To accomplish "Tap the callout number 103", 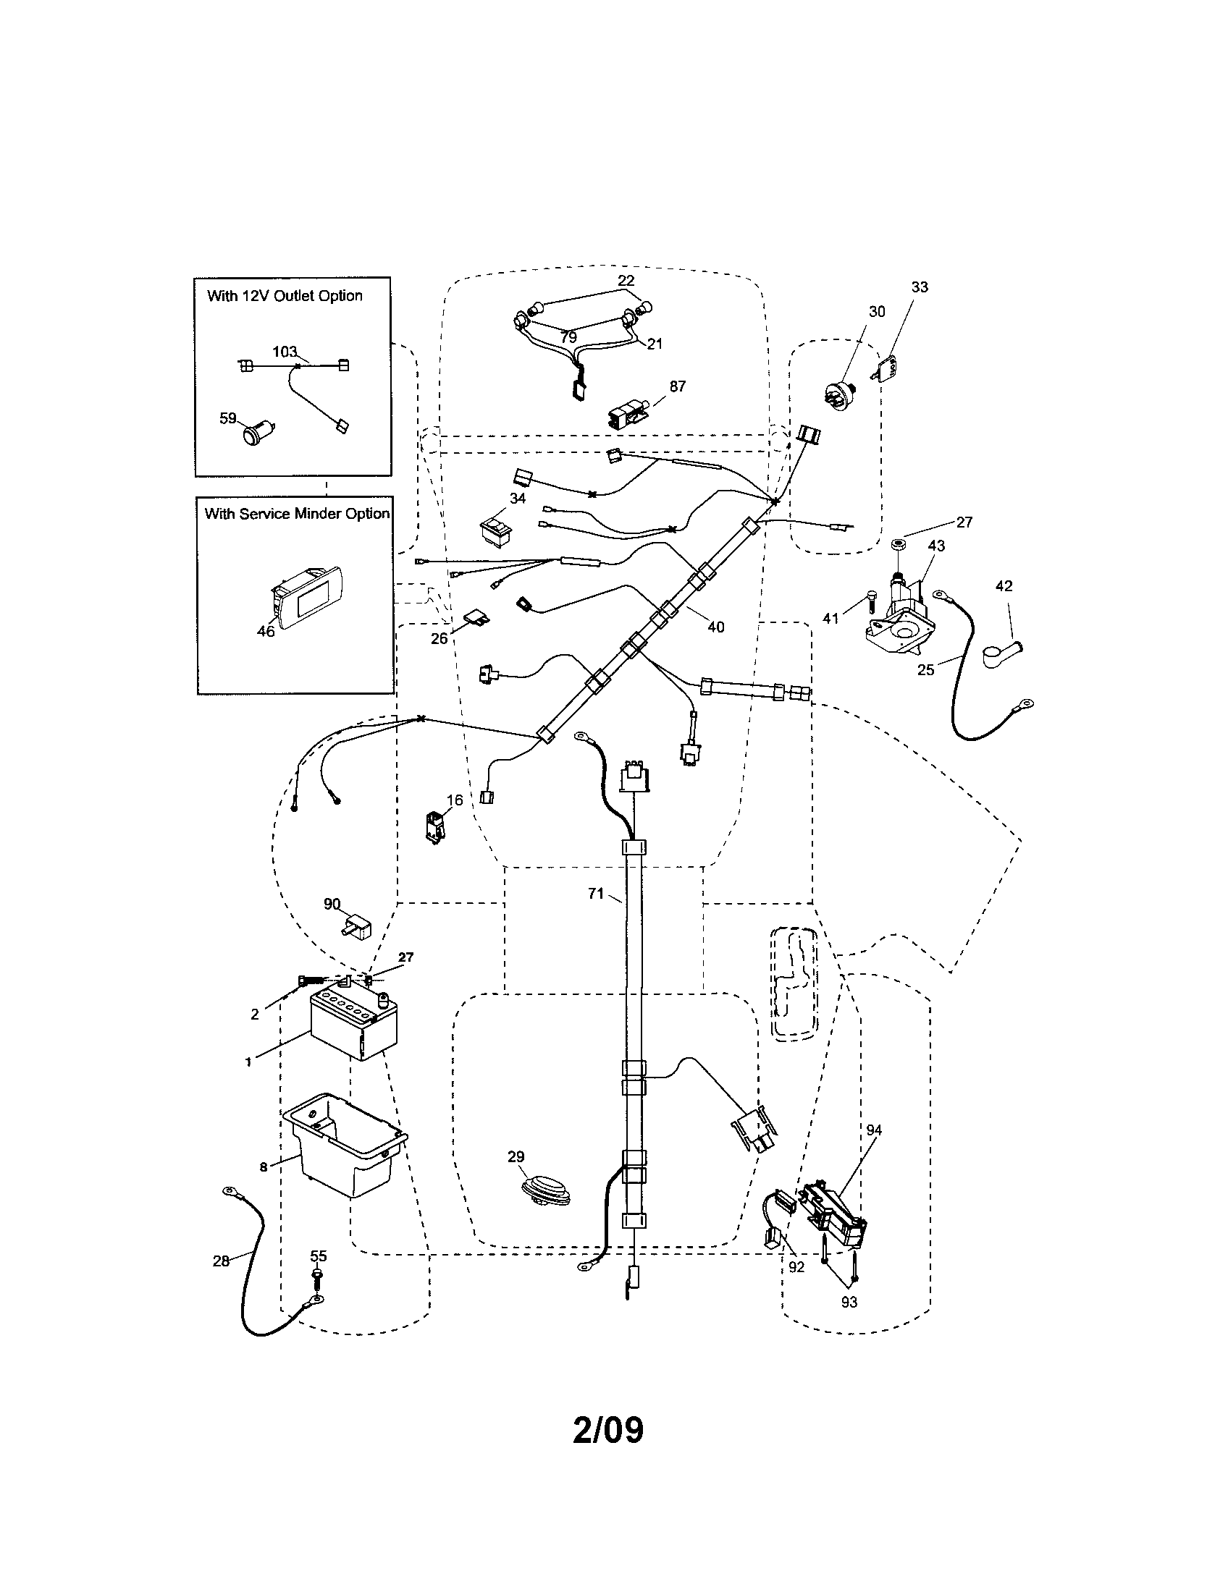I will click(x=285, y=352).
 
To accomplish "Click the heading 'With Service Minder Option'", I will click(x=297, y=514).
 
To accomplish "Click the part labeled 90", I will click(x=356, y=927).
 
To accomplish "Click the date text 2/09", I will click(x=608, y=1430).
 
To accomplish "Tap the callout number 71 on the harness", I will click(x=596, y=893).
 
